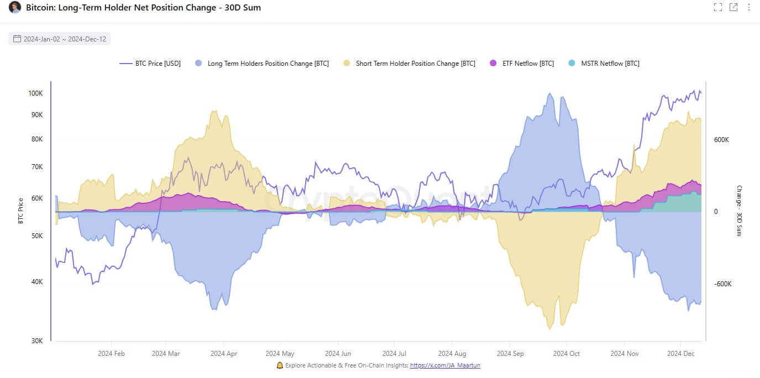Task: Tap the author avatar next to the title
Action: click(15, 8)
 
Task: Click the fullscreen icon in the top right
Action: click(718, 7)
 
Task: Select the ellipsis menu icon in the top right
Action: click(749, 7)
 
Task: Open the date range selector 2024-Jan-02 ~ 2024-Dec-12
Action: click(60, 39)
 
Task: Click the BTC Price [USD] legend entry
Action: click(150, 64)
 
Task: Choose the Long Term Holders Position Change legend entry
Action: click(262, 64)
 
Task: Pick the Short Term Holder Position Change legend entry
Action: click(409, 64)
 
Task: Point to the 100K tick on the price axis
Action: click(35, 93)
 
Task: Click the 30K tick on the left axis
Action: click(36, 341)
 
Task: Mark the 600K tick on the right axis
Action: click(721, 140)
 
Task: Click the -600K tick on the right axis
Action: click(722, 284)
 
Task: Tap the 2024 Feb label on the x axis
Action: click(112, 354)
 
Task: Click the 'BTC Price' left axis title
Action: click(20, 211)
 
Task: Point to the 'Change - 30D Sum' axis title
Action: click(739, 211)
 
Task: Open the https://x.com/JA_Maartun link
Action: click(445, 365)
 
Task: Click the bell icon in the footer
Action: click(280, 365)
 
